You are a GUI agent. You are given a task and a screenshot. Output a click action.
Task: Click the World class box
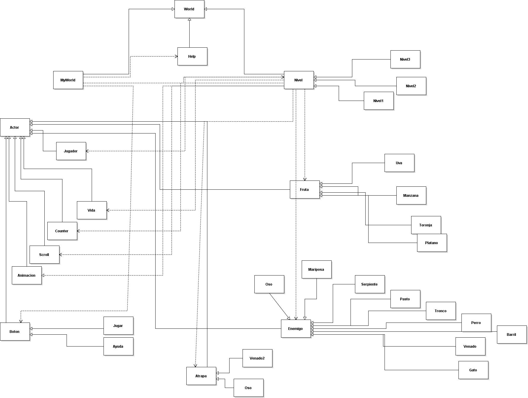189,9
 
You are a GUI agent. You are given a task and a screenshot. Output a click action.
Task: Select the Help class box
192,56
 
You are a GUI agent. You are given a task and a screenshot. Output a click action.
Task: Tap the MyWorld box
68,80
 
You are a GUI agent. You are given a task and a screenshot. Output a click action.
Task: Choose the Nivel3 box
405,59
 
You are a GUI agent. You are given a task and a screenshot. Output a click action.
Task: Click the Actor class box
15,127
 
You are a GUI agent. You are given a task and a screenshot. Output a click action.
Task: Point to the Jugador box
71,151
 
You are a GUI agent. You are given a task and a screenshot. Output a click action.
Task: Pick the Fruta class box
305,189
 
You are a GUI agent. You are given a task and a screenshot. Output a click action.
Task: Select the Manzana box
411,195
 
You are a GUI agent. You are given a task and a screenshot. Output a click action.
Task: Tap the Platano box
432,243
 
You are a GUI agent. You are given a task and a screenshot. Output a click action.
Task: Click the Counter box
62,231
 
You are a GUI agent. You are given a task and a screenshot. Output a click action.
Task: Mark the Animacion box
27,275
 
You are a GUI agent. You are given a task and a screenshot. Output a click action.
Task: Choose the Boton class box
15,331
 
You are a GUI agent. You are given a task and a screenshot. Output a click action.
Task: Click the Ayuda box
118,346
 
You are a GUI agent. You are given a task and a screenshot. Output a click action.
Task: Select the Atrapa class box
201,376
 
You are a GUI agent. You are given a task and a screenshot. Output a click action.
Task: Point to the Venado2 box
257,358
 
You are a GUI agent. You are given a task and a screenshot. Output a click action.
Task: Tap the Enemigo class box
296,328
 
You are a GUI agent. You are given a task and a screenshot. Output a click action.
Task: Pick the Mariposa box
317,269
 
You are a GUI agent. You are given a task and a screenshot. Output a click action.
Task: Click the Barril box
512,334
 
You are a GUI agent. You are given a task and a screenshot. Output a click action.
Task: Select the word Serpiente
369,284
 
